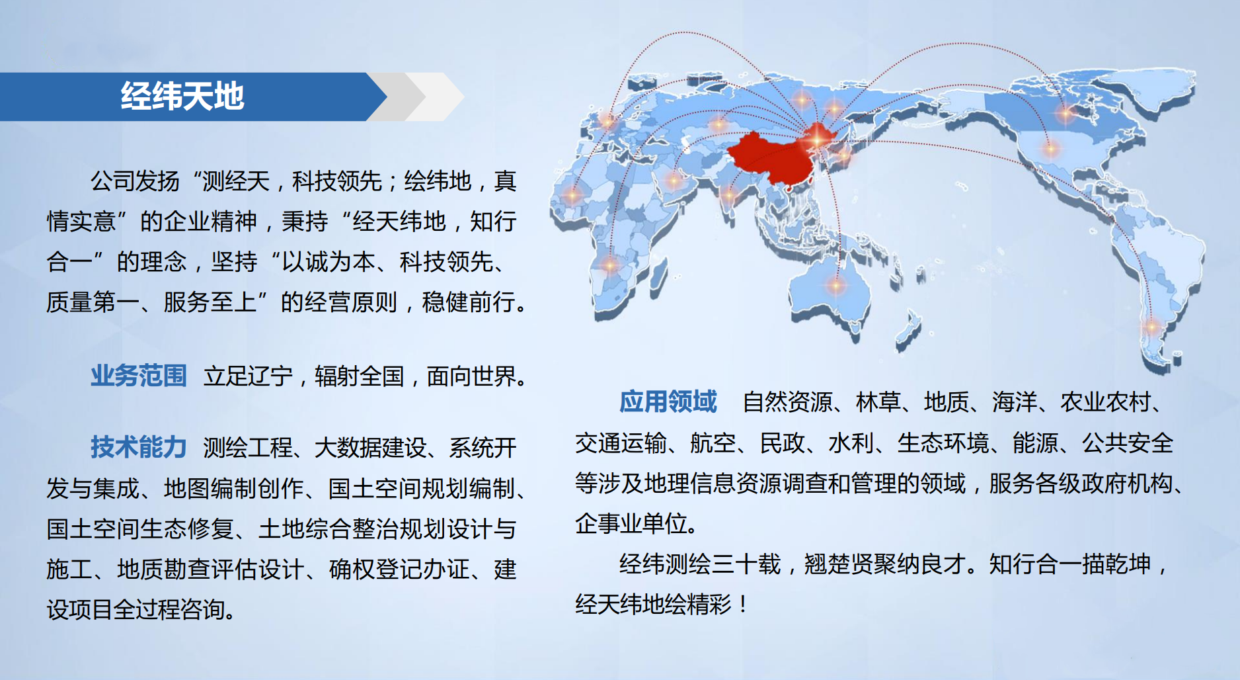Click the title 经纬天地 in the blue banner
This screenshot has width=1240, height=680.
[182, 97]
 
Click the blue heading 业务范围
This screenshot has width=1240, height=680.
[139, 376]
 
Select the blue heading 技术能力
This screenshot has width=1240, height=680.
[139, 447]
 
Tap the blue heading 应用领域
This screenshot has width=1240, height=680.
[668, 402]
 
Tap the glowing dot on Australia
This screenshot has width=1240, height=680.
[836, 286]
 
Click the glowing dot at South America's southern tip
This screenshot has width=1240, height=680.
[1152, 326]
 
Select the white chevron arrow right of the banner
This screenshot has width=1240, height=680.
[437, 97]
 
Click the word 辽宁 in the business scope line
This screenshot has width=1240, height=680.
[270, 376]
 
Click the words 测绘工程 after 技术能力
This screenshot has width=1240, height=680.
[248, 448]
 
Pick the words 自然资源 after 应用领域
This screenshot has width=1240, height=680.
[787, 402]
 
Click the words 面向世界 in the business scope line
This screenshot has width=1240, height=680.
[471, 376]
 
